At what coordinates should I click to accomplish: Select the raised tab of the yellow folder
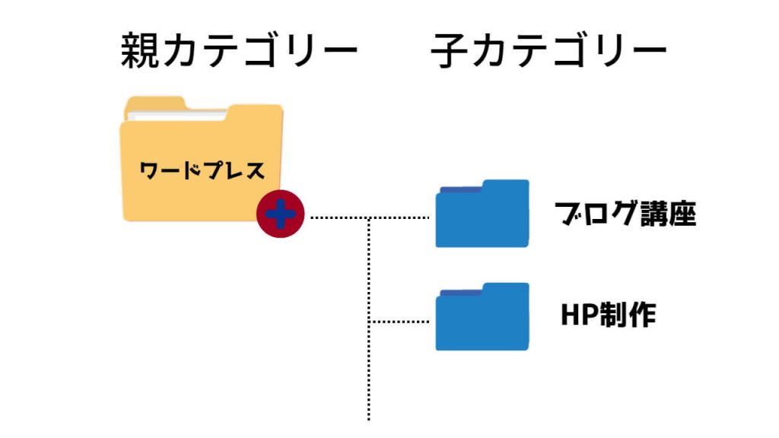click(x=156, y=103)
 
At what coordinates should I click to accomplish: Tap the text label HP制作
click(x=608, y=315)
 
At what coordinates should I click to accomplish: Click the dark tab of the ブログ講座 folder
click(x=460, y=190)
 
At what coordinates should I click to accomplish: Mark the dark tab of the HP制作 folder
click(x=460, y=294)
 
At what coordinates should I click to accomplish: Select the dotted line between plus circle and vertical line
click(x=339, y=218)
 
